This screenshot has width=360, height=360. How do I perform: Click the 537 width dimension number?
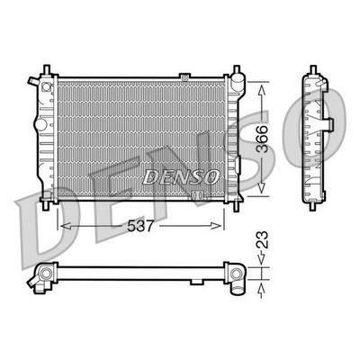140,226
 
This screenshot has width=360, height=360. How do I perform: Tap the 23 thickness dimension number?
262,239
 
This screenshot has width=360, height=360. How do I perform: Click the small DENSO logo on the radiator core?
180,177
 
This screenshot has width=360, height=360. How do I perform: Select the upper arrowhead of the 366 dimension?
262,90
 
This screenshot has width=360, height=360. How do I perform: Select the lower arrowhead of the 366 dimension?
262,187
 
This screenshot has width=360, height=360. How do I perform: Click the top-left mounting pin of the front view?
47,69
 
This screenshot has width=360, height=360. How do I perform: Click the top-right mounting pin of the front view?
237,69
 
